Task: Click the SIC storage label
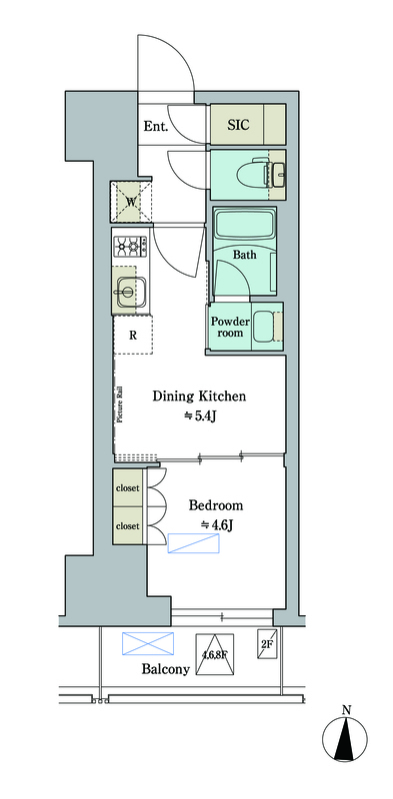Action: click(238, 124)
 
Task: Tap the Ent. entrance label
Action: click(156, 127)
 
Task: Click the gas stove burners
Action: click(131, 247)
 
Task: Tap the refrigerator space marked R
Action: click(133, 335)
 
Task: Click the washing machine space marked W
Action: click(131, 202)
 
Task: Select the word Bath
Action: click(244, 255)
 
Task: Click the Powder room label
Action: click(230, 327)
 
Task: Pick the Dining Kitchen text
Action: click(200, 396)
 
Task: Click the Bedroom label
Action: click(216, 505)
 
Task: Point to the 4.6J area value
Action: click(216, 525)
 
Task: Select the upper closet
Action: click(128, 487)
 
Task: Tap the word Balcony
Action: click(165, 669)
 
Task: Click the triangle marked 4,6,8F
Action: click(215, 655)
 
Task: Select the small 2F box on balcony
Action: click(266, 643)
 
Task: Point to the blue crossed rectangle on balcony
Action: click(148, 643)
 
